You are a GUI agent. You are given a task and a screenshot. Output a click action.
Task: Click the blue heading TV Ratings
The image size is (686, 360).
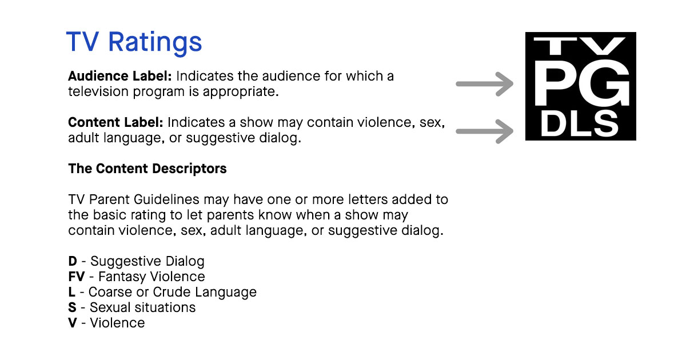coord(134,43)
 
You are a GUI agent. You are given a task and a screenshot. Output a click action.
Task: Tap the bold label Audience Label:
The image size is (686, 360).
coord(119,76)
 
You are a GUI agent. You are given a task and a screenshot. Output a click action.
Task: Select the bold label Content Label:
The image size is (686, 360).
coord(115,122)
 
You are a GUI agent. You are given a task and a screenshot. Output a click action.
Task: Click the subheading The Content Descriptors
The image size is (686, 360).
coord(147,169)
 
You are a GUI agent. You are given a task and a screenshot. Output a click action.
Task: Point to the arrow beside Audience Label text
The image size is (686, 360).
coord(485,84)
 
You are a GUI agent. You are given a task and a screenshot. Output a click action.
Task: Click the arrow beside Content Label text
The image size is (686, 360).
coord(485,131)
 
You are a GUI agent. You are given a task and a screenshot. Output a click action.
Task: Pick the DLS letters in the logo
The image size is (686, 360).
coord(579,123)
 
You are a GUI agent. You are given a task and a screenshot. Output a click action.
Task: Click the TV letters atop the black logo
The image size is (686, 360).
coord(580,46)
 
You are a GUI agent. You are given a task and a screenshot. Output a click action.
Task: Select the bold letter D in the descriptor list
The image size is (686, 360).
coord(73,262)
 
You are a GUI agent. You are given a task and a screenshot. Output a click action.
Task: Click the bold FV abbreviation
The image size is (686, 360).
coord(77,277)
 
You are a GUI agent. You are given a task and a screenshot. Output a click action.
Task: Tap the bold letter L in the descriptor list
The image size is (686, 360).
coord(71,292)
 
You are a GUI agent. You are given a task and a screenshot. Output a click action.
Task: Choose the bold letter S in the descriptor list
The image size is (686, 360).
coord(72,307)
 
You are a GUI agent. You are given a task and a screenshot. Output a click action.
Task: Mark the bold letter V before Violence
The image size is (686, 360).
coord(73,323)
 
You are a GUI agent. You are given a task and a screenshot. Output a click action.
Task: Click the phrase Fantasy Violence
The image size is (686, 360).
coord(151,277)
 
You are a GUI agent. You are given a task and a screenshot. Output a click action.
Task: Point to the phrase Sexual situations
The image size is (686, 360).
coord(143,307)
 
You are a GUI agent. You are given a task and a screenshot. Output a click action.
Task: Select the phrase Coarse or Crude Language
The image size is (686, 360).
coord(173,293)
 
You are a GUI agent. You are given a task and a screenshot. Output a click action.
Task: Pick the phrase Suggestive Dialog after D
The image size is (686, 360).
coord(147,262)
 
